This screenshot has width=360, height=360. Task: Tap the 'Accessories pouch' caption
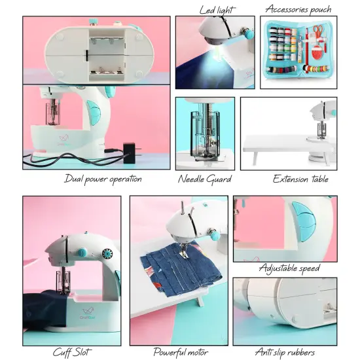pyautogui.click(x=298, y=10)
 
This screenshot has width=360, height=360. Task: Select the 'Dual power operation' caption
pyautogui.click(x=103, y=178)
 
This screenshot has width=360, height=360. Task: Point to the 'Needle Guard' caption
pyautogui.click(x=204, y=178)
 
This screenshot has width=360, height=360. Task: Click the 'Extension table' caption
pyautogui.click(x=300, y=178)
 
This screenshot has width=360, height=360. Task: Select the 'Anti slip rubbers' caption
pyautogui.click(x=285, y=353)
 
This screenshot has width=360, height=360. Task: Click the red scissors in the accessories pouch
pyautogui.click(x=317, y=31)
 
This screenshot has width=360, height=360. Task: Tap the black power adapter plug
pyautogui.click(x=137, y=153)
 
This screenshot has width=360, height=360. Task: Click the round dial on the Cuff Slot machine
pyautogui.click(x=108, y=254)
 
